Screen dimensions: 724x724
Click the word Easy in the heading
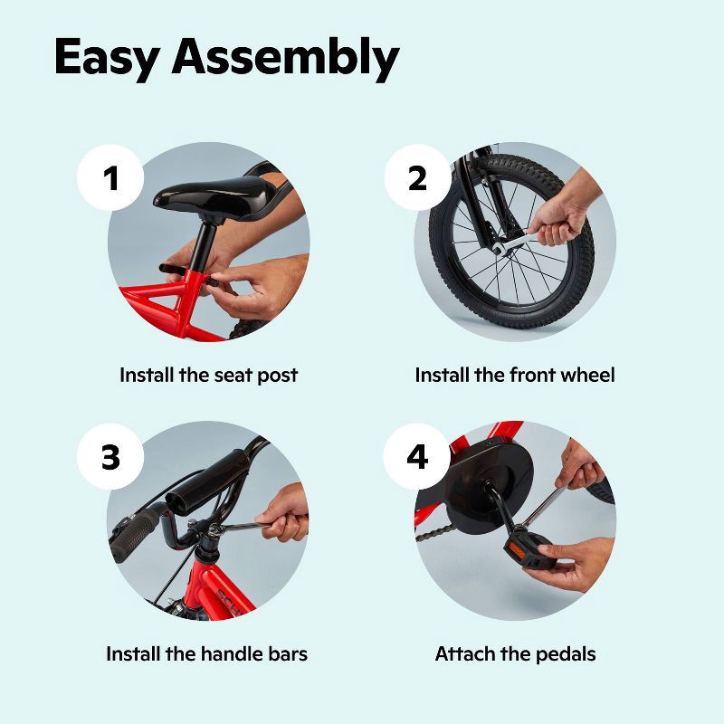click(107, 58)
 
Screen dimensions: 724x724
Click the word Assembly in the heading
click(285, 57)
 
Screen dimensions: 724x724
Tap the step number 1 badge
click(110, 177)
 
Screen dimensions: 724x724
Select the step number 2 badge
click(417, 177)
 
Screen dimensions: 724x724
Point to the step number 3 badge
click(110, 457)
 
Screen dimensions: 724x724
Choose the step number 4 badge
click(417, 457)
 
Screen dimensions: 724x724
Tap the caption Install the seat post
click(209, 375)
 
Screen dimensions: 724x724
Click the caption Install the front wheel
click(515, 375)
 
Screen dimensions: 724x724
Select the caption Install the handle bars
click(207, 653)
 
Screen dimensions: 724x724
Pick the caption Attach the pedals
click(515, 654)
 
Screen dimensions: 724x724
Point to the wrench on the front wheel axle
click(516, 243)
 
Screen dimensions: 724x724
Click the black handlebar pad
click(208, 483)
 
